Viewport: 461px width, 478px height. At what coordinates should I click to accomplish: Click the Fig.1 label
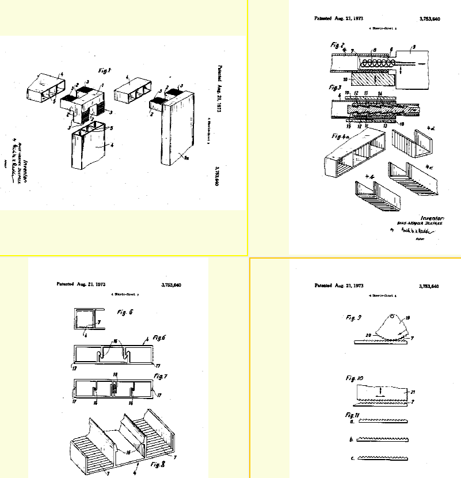tap(104, 71)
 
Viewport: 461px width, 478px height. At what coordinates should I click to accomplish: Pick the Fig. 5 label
tap(122, 312)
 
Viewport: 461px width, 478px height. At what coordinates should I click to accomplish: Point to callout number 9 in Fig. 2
tap(413, 47)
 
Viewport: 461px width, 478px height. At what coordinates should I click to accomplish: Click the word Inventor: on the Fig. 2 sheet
tap(434, 218)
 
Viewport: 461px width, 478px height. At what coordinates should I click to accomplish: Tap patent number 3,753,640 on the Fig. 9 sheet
tap(429, 286)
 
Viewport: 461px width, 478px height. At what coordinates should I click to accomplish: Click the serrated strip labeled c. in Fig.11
tap(383, 458)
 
